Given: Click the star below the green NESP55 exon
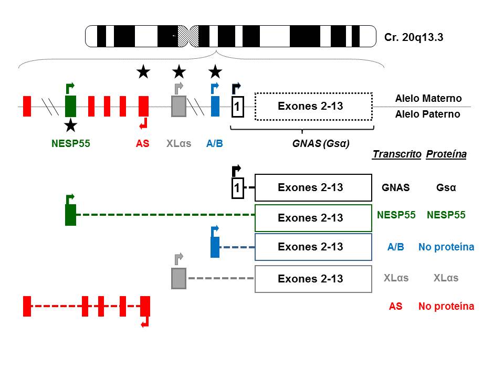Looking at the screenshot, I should (x=70, y=125).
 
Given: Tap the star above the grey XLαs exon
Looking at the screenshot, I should (x=179, y=71).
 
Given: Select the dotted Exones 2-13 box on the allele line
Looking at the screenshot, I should (x=313, y=106).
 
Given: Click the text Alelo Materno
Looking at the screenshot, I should (x=428, y=98).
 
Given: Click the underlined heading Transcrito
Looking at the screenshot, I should (x=396, y=154).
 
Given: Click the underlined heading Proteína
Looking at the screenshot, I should (x=446, y=154).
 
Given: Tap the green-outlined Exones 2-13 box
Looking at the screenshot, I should (x=313, y=218).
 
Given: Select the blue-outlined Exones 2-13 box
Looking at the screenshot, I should (x=313, y=247).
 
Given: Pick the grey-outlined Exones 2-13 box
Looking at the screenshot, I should (x=313, y=278).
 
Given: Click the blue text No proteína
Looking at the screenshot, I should (x=446, y=247).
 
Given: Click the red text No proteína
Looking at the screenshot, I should (x=446, y=306).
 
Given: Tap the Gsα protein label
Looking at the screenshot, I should (x=446, y=187).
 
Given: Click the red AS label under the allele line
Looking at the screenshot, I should (x=143, y=142).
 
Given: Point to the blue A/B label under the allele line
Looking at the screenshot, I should (x=215, y=142).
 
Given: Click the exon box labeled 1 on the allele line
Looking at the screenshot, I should (x=237, y=107).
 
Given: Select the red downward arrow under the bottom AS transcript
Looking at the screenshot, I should (x=145, y=322).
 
